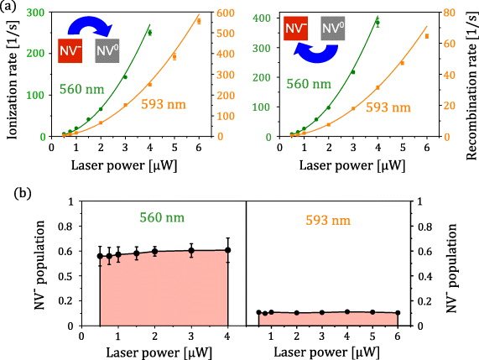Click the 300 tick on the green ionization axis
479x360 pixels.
[42, 13]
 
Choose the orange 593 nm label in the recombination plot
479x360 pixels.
[390, 107]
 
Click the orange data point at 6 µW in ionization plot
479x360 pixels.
[199, 21]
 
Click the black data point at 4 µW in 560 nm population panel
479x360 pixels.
[227, 250]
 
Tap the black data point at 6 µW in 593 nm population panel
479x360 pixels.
[398, 313]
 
